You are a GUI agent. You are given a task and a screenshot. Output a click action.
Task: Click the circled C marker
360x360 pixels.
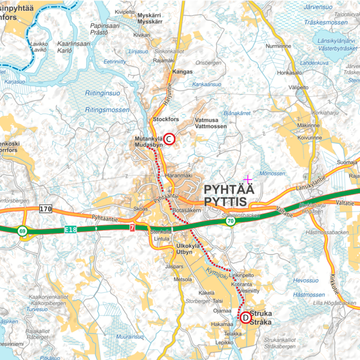[x=170, y=139]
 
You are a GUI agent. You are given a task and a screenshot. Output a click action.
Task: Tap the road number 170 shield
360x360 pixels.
[x=45, y=209]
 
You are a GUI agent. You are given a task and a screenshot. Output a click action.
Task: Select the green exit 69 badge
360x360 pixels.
[x=22, y=231]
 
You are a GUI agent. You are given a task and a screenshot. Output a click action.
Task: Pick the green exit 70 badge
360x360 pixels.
[x=231, y=221]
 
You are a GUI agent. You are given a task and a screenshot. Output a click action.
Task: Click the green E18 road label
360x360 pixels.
[x=70, y=230]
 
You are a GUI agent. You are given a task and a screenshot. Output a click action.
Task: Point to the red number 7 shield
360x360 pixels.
[x=132, y=228]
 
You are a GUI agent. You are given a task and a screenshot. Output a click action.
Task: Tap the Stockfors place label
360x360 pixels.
[x=164, y=119]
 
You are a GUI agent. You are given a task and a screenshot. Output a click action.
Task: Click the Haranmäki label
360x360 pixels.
[x=176, y=175]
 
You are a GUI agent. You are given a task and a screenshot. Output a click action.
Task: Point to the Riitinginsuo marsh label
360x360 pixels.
[x=103, y=93]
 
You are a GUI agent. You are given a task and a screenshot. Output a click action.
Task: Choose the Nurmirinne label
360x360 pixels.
[x=279, y=46]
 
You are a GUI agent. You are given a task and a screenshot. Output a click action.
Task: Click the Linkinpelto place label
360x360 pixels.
[x=242, y=275]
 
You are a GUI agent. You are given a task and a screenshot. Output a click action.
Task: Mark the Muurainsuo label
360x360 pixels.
[x=129, y=337]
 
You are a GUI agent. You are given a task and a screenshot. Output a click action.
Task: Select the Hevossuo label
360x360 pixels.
[x=305, y=280]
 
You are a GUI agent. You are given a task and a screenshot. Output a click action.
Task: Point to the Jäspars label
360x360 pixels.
[x=174, y=267]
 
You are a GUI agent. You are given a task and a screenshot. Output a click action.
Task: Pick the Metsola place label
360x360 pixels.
[x=183, y=279]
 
